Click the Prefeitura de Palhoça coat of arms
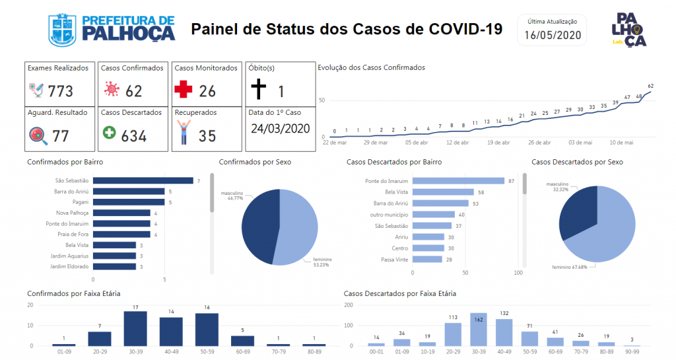coord(64,29)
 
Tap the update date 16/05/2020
coord(553,35)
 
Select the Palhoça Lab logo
coord(630,30)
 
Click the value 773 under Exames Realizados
coord(60,90)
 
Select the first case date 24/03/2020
coord(280,127)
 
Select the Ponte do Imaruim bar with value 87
coord(458,180)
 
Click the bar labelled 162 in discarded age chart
coord(479,329)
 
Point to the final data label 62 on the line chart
coord(650,86)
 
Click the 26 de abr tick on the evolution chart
coord(540,142)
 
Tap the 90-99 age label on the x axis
coord(631,353)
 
